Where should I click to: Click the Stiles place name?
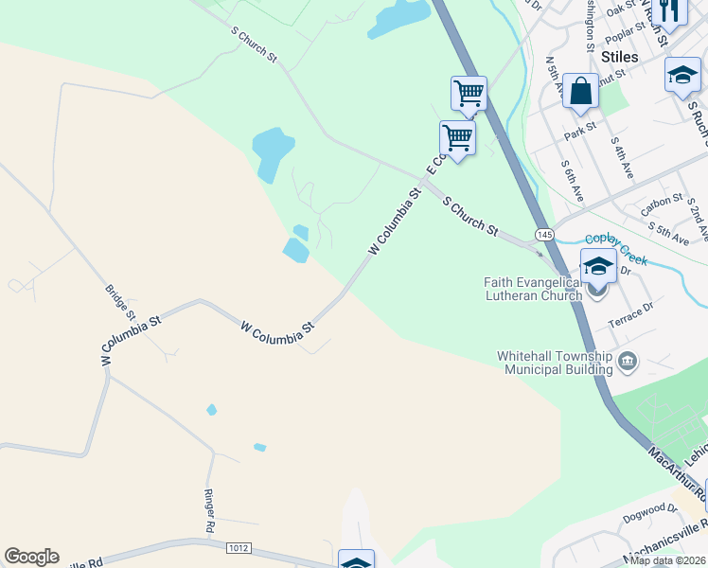[x=619, y=57]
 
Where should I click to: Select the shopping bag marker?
[x=580, y=92]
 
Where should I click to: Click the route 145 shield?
[x=543, y=234]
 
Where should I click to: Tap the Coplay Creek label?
[x=615, y=242]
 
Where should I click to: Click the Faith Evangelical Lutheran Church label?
[x=533, y=289]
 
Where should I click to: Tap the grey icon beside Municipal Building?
[x=628, y=362]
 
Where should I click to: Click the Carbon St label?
[x=663, y=202]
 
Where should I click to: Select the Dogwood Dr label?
[x=652, y=516]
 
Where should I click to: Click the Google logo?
[x=31, y=557]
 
